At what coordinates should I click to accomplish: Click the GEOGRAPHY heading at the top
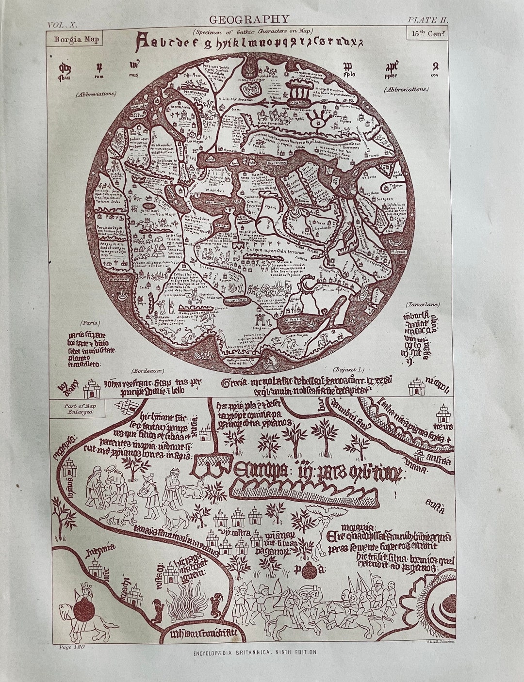[249, 19]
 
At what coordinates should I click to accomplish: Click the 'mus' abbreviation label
[134, 75]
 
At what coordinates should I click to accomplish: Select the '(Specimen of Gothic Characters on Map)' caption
[252, 31]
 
